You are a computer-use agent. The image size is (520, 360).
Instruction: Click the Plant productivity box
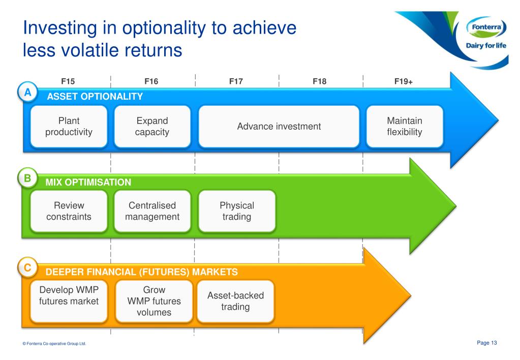(x=69, y=127)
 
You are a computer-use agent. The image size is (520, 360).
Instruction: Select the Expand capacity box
(x=152, y=127)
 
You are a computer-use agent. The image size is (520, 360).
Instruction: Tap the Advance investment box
(x=279, y=127)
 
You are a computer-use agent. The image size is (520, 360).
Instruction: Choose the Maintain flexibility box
(x=405, y=127)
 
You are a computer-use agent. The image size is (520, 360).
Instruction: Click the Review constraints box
(x=69, y=211)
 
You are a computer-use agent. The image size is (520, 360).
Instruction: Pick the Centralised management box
(x=152, y=211)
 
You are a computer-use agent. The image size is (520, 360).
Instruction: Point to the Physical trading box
(x=237, y=211)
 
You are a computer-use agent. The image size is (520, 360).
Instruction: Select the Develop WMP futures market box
(x=69, y=302)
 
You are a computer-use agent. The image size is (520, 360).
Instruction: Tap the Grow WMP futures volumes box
(x=154, y=302)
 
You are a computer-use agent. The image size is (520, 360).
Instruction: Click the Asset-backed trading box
(x=235, y=302)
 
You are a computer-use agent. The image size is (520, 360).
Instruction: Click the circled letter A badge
(x=27, y=92)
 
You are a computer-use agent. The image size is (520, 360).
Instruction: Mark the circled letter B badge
(x=27, y=178)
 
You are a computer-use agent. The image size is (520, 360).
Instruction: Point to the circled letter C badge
(x=27, y=267)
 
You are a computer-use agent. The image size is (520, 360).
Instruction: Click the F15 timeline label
(x=68, y=81)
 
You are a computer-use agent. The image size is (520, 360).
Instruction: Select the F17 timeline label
(x=236, y=81)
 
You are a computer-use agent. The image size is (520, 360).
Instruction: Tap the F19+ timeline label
(x=404, y=81)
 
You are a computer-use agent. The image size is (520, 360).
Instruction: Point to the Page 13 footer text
(x=487, y=343)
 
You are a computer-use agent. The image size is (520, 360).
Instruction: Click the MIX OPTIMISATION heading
(x=88, y=182)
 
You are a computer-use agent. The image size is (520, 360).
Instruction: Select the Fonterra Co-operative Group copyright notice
(x=54, y=343)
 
